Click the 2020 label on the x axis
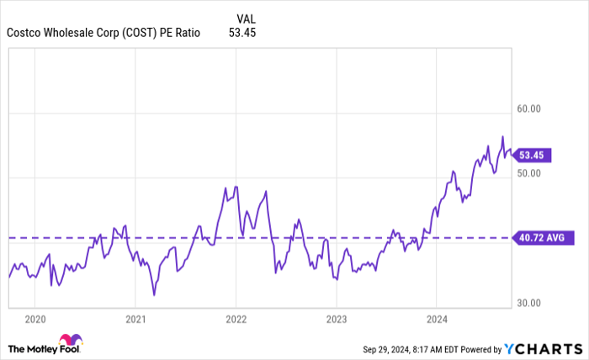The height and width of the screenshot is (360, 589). click(x=34, y=320)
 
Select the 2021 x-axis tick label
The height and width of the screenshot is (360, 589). click(x=135, y=320)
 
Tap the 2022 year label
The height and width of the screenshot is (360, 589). click(x=236, y=320)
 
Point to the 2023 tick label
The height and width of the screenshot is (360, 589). click(x=336, y=320)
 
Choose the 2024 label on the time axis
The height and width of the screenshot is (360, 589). click(x=436, y=320)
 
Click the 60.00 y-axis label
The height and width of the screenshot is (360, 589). click(x=529, y=109)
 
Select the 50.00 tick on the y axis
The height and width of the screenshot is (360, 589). click(x=529, y=173)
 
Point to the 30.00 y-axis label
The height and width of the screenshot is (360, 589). click(x=529, y=303)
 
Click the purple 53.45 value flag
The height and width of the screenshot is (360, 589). click(x=532, y=155)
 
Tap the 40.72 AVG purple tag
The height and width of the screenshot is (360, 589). click(x=540, y=238)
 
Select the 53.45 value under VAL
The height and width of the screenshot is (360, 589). click(x=242, y=33)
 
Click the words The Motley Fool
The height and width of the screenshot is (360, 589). click(x=34, y=348)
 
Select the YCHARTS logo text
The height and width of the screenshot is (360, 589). click(x=542, y=348)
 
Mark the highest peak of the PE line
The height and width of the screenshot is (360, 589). click(x=502, y=136)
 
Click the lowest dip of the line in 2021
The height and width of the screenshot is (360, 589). click(x=154, y=294)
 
